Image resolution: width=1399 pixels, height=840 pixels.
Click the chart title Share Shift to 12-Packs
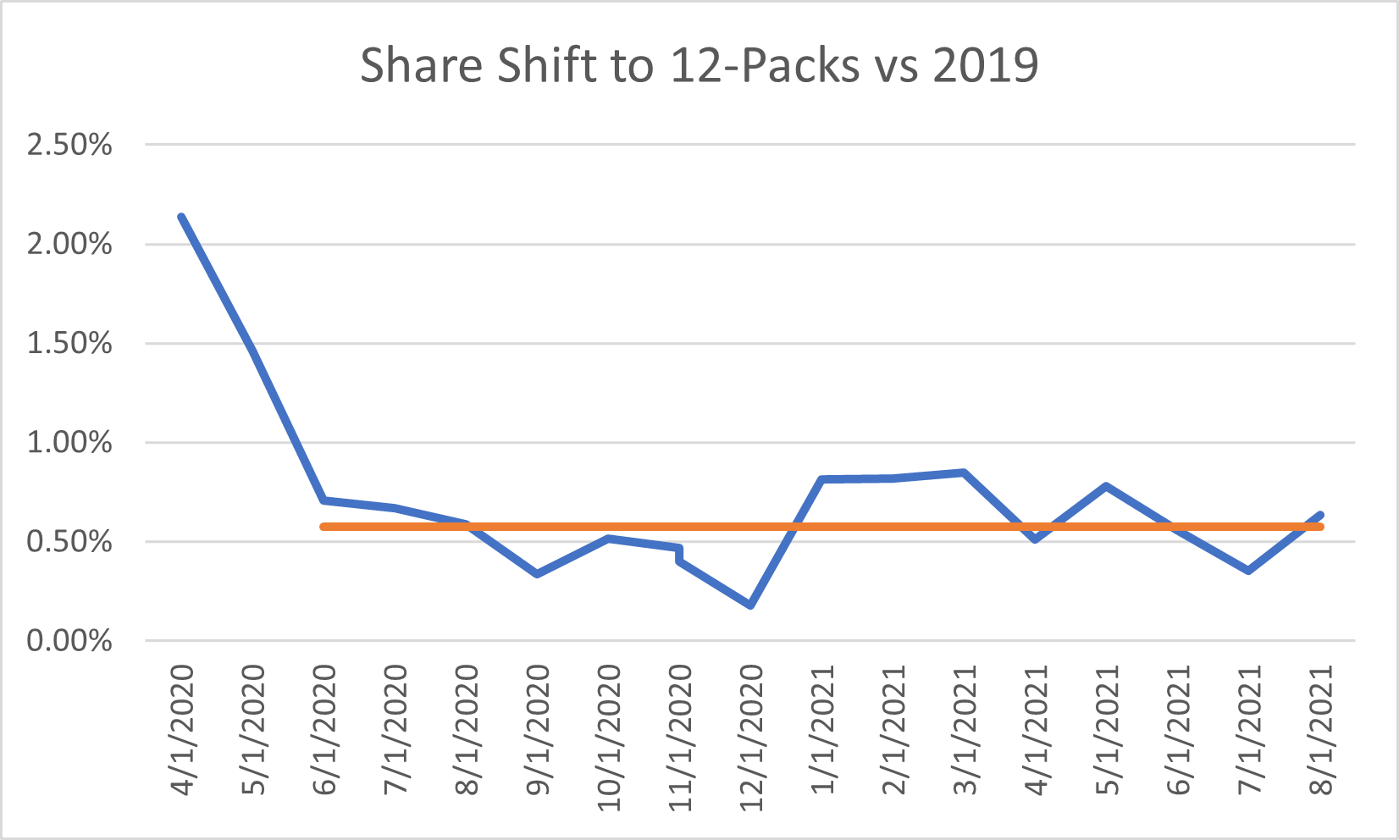(698, 64)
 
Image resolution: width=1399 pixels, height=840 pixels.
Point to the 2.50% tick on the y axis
(69, 145)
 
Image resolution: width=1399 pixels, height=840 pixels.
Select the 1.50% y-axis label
(69, 344)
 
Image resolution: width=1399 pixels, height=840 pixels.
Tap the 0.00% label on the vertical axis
(69, 641)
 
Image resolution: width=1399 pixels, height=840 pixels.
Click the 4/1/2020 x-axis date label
(183, 730)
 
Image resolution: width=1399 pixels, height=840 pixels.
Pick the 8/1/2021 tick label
(1321, 730)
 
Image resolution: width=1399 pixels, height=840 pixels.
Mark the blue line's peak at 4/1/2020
(181, 217)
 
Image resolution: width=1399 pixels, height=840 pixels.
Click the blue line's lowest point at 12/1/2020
(750, 605)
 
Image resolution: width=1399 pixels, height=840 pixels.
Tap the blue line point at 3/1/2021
(964, 472)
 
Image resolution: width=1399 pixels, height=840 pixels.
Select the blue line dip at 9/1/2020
(537, 574)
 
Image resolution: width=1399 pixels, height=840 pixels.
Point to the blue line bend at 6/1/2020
(323, 500)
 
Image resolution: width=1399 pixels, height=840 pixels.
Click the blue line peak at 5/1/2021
(1106, 486)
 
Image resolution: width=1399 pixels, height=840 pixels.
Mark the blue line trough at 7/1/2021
(1248, 571)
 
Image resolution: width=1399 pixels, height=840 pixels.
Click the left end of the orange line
(323, 527)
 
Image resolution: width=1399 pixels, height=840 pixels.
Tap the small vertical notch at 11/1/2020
(679, 554)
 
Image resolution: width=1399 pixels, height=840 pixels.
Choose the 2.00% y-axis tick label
(69, 245)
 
